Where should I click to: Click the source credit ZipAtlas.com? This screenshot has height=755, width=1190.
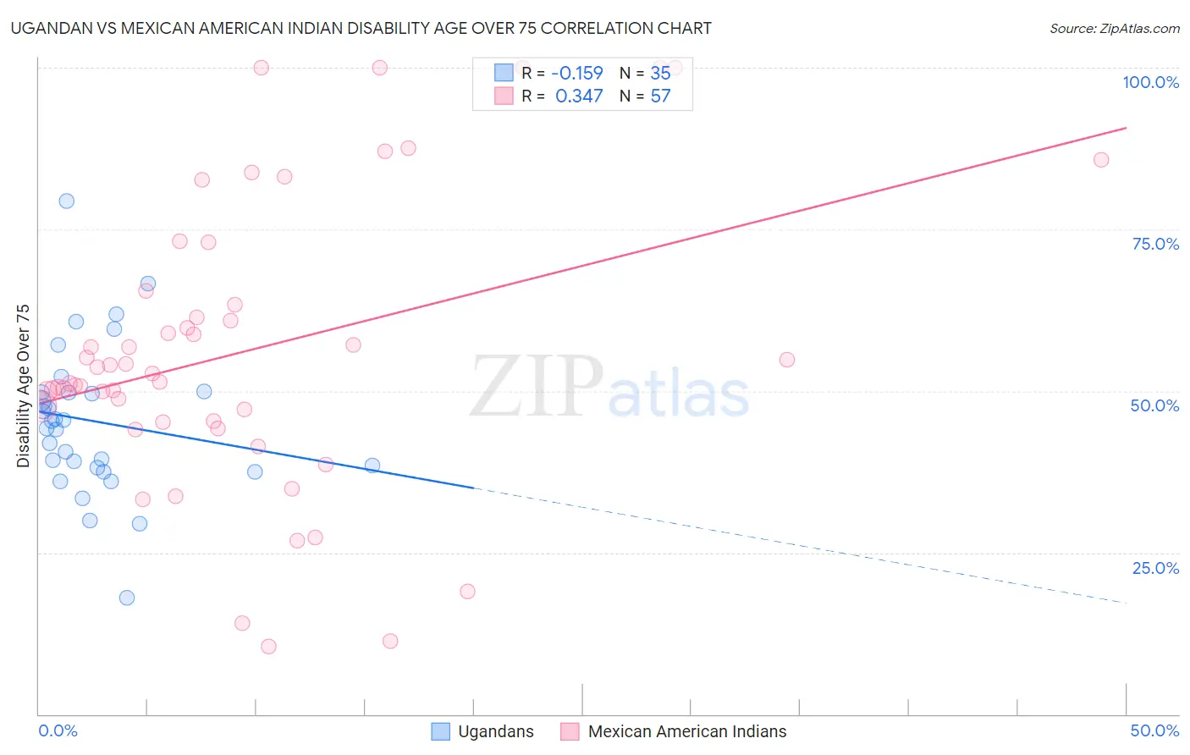coord(1114,28)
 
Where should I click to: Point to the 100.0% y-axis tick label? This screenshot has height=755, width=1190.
coord(1150,82)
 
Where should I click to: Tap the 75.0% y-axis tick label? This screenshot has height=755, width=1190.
coord(1155,244)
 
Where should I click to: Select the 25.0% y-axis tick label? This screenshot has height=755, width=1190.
coord(1155,568)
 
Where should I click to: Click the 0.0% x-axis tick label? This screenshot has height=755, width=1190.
coord(58,730)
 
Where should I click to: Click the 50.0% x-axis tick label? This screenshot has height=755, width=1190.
coord(1154,730)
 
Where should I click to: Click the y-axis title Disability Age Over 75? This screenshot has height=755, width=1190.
coord(24,385)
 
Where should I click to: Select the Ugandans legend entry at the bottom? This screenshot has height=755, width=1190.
coord(482,731)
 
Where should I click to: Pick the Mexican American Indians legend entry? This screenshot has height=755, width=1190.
coord(674,731)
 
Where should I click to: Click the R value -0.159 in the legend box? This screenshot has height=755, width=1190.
coord(577,74)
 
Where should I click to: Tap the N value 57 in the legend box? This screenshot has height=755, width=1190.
coord(660,96)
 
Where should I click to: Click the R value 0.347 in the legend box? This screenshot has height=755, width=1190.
coord(579,96)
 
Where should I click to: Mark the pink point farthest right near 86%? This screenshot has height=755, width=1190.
coord(1101,160)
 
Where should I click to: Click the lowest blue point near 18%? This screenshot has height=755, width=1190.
coord(127,598)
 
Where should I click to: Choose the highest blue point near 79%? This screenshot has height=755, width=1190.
coord(66,201)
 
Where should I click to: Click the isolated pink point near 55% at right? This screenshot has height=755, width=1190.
coord(787,360)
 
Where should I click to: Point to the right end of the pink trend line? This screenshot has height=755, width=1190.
coord(1126,128)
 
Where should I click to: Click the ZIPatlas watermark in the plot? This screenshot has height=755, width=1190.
coord(609,388)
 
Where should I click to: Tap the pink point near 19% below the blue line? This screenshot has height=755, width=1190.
coord(467,592)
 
